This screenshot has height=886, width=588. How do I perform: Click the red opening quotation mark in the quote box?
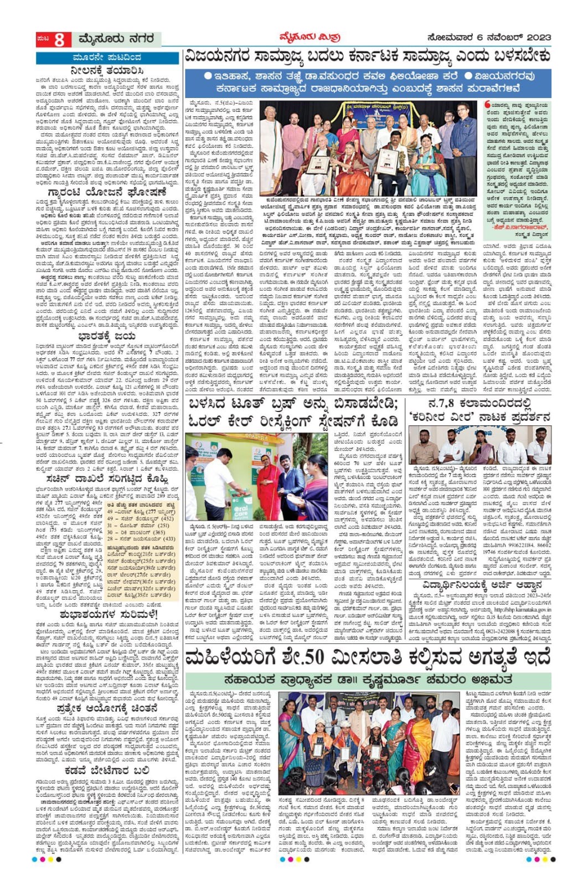tap(488, 104)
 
